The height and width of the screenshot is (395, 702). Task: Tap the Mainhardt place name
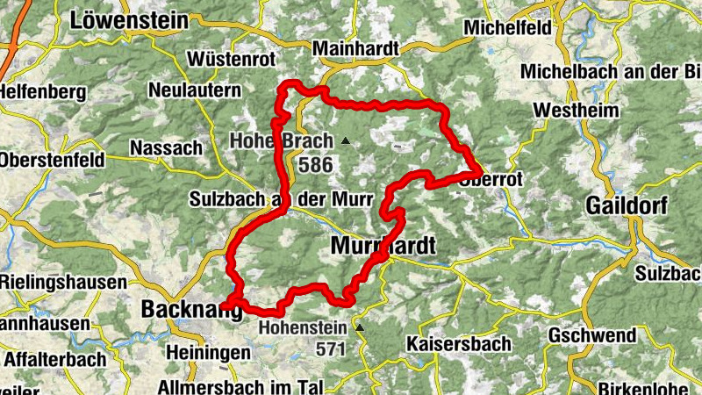tap(355, 47)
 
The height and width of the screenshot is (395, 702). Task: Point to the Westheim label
tap(576, 111)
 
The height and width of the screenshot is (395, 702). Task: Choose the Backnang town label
tap(190, 309)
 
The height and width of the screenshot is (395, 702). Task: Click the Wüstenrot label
tap(232, 61)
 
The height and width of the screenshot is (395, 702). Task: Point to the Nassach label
tap(165, 147)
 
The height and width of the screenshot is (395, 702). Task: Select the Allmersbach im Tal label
tap(242, 387)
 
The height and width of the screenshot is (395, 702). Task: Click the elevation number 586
tap(316, 164)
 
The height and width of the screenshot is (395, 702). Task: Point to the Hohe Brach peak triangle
tap(346, 140)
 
